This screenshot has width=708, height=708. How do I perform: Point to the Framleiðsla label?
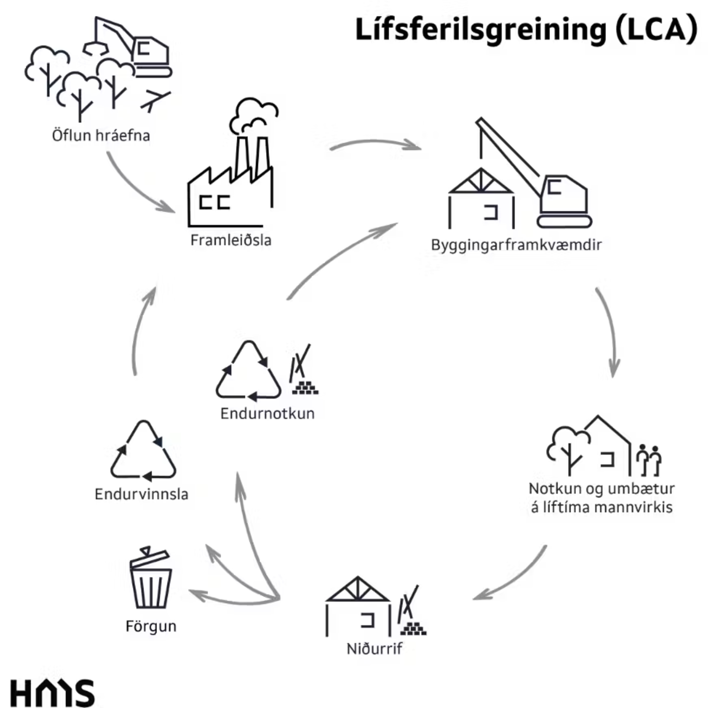231,240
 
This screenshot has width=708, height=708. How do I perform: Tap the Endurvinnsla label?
141,494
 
